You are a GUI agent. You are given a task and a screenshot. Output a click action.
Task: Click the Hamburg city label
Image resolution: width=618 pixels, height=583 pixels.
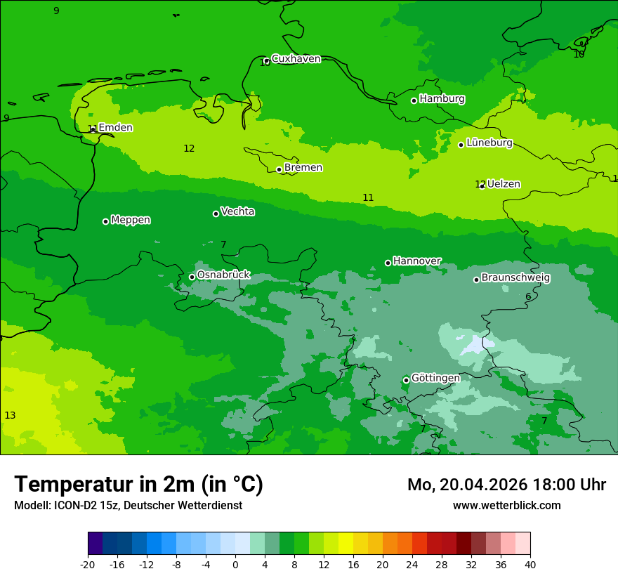click(x=442, y=99)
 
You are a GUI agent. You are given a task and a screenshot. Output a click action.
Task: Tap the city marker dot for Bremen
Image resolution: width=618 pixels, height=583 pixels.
click(x=279, y=169)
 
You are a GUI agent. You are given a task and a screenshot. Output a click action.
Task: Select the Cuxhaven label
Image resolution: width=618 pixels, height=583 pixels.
click(x=296, y=59)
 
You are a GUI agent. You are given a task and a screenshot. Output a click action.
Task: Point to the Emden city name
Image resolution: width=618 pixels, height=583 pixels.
click(x=115, y=128)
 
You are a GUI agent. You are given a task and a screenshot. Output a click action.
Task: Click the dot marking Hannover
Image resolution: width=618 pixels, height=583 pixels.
click(x=388, y=263)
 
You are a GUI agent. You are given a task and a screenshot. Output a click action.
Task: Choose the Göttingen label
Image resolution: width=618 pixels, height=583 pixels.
click(x=435, y=379)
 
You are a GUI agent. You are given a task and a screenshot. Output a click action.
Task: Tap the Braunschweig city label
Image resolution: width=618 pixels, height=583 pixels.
click(x=515, y=278)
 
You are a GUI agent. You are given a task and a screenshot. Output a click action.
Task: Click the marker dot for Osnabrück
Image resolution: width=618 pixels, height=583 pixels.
click(x=192, y=277)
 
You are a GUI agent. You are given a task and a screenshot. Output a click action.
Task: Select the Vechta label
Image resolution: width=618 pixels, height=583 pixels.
click(x=237, y=212)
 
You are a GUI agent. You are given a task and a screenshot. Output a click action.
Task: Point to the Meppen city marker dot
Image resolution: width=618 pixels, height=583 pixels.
click(x=105, y=221)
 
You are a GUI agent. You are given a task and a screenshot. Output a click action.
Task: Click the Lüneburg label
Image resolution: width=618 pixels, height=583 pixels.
click(x=489, y=143)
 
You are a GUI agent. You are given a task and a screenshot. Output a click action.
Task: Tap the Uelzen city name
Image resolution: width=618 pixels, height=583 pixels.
click(x=504, y=185)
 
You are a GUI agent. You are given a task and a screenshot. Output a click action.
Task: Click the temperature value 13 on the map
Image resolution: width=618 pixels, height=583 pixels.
click(x=10, y=416)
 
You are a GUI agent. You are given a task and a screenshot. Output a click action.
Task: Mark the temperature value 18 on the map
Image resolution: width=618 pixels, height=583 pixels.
click(x=579, y=54)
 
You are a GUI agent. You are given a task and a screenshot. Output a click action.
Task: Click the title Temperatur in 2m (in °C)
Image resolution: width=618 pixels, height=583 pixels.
click(x=138, y=485)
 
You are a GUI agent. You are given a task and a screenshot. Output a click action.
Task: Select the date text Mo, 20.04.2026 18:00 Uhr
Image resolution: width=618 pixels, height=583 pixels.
click(x=506, y=485)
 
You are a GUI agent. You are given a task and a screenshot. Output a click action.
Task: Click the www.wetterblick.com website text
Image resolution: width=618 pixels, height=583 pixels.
click(x=506, y=506)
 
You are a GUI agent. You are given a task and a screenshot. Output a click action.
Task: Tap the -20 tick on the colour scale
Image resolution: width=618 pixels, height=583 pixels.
click(x=88, y=564)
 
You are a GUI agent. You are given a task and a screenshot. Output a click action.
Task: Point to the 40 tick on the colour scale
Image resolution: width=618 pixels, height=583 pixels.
click(x=530, y=564)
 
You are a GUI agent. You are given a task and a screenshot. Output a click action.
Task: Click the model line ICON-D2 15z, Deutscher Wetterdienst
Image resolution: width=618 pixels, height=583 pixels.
click(x=128, y=506)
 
